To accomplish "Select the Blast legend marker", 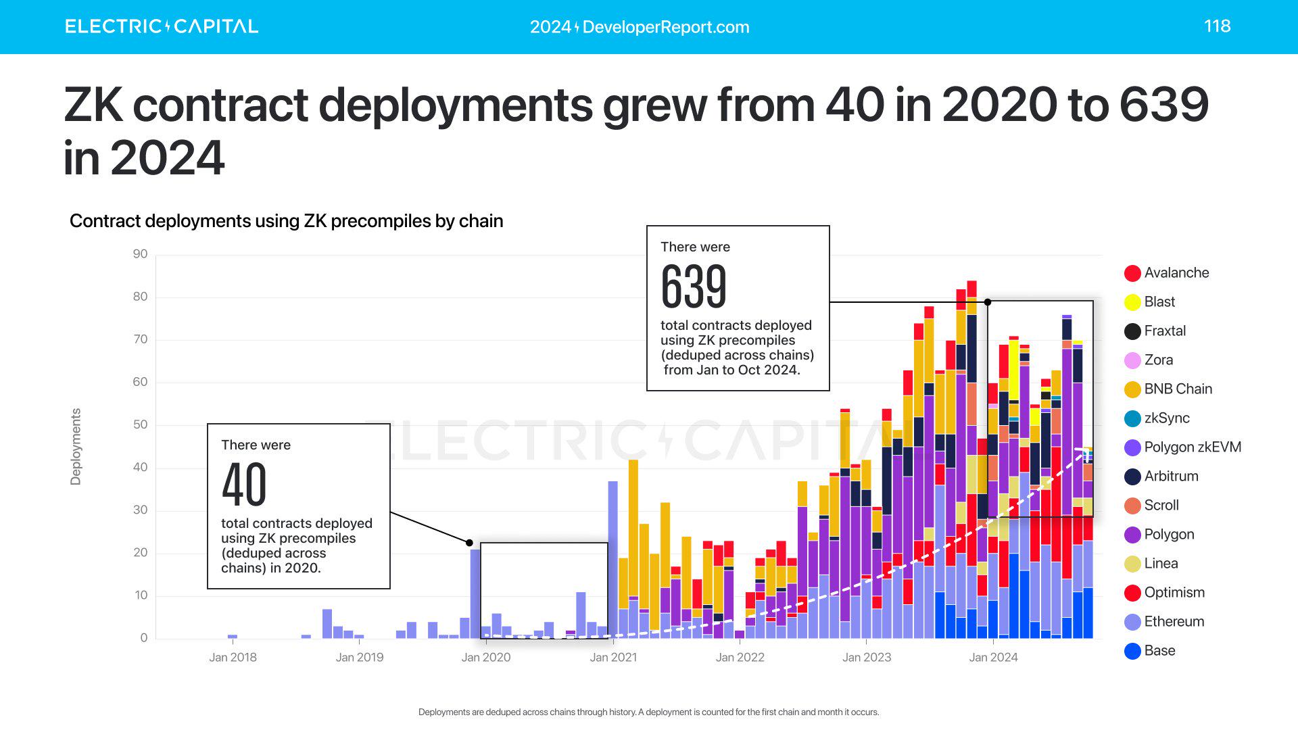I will pos(1132,302).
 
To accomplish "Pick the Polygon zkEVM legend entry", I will pos(1191,447).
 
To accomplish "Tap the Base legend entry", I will pos(1159,651).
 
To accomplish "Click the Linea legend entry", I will pos(1160,564).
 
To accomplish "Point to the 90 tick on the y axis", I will pos(140,254).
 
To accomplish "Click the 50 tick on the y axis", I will pos(140,424).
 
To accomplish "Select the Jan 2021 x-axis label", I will pos(612,657).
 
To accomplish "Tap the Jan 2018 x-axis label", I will pos(233,657).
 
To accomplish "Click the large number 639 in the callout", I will pos(694,287).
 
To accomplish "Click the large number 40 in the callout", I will pos(244,485).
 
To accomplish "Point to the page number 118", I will pos(1217,26).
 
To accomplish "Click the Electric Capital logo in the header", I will pos(162,26).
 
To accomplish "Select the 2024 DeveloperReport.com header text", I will pos(640,27).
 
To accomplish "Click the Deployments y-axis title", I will pos(76,446).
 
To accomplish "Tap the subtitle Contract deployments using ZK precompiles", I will pos(286,221).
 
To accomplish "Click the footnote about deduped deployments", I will pos(648,712).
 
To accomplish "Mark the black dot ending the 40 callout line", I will pos(469,543).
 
